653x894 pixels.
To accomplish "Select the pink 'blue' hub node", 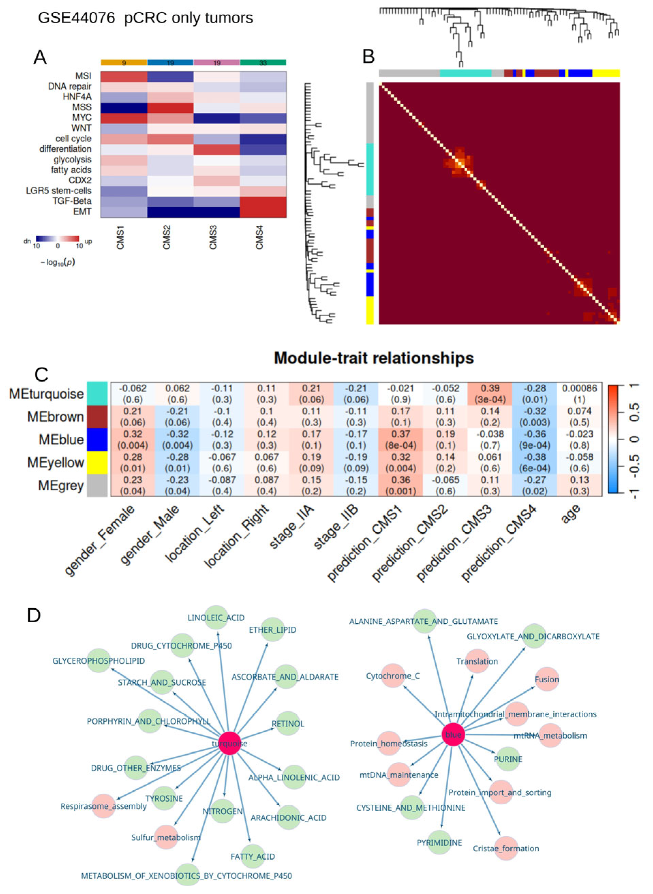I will (x=453, y=734).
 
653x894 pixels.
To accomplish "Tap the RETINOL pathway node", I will (x=288, y=724).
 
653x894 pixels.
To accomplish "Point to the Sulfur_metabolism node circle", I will (x=166, y=837).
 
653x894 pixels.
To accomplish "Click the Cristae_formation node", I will (x=506, y=848).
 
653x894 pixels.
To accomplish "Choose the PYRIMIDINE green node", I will (x=439, y=843).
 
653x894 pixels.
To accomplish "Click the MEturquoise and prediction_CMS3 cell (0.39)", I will (x=490, y=393).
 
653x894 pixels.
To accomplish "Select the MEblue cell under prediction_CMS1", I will (x=401, y=439).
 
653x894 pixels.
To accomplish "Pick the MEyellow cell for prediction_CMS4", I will (x=535, y=462).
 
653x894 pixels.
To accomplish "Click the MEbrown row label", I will (x=55, y=417).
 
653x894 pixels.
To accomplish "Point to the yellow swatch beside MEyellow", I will (x=97, y=462).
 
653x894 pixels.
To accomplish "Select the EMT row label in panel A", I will (x=82, y=212).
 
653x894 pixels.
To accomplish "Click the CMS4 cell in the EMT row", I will (x=263, y=212).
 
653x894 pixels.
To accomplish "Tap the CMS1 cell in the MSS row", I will (x=124, y=107).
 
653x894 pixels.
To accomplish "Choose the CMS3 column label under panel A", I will (x=213, y=237).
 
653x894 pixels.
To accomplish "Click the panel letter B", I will (x=369, y=57).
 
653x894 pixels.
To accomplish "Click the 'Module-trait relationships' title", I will (x=374, y=358).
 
